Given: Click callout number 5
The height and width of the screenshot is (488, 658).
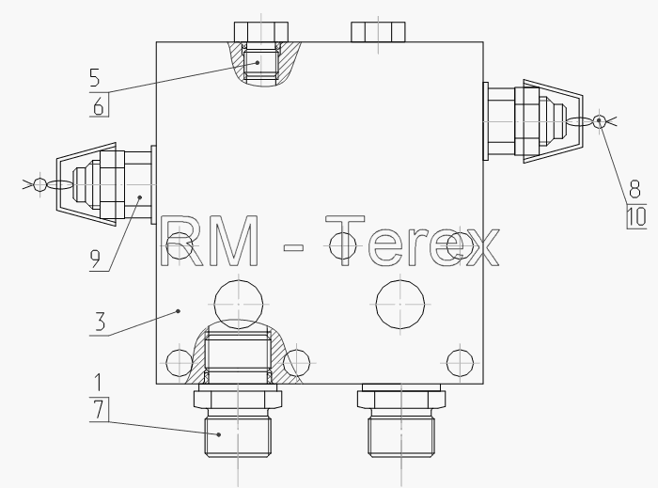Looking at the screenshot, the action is [95, 78].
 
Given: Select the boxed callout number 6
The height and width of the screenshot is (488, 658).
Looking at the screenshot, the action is [99, 105].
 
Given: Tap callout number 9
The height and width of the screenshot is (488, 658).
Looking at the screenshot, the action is [96, 259].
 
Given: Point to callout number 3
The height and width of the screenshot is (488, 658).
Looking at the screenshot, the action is [100, 323].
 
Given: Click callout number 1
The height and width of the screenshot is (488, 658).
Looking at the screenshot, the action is [98, 383].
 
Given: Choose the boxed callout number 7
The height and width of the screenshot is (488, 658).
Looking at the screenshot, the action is [99, 410].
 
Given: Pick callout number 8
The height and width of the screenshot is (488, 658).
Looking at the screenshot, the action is [634, 189].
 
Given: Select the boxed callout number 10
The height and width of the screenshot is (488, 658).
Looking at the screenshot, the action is [637, 217].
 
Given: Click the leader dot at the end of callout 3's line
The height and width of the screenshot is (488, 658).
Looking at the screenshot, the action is [179, 311].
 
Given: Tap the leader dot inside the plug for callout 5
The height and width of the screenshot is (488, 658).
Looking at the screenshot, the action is [258, 62].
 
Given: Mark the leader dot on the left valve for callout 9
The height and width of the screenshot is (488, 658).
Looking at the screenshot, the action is [140, 197].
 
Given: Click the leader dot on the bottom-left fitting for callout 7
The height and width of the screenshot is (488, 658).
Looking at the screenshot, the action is [219, 434].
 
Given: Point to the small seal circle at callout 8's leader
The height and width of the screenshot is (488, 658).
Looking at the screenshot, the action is [600, 121].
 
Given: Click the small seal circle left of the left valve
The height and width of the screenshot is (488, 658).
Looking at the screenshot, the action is [40, 184].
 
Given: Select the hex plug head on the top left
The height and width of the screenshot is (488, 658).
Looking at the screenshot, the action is [261, 32].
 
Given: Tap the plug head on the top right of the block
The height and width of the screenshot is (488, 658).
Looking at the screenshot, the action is [378, 32].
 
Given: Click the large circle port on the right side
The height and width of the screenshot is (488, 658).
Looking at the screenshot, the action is [400, 304].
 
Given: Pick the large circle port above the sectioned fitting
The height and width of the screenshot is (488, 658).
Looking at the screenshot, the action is [239, 304].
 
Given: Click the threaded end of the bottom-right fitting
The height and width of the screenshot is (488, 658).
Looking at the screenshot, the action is [401, 436].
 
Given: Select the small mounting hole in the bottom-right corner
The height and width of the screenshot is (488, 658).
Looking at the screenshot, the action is [460, 363].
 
